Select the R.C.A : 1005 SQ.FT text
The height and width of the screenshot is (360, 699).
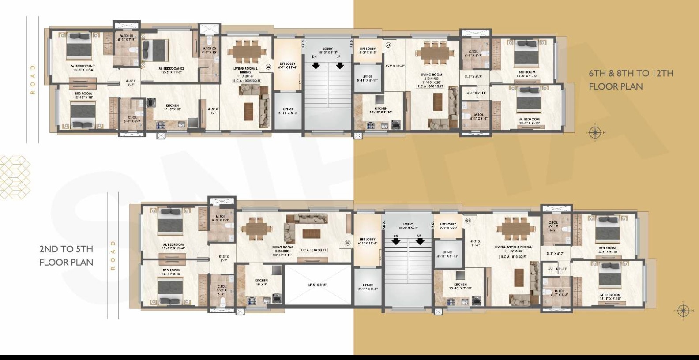(247, 81)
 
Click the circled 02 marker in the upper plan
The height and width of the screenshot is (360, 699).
(268, 67)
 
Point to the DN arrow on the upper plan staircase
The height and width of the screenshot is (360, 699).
(316, 66)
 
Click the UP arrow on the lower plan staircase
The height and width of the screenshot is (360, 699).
(420, 241)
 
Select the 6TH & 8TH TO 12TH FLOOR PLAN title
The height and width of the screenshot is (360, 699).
(631, 80)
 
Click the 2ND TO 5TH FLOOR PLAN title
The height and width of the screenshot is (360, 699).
(66, 256)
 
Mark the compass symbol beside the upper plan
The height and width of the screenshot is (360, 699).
(594, 132)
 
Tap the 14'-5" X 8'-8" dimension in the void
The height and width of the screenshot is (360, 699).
(317, 285)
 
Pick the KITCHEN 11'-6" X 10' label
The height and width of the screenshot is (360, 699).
(172, 107)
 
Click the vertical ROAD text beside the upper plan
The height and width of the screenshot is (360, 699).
(32, 79)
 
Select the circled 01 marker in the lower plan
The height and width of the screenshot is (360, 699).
(468, 220)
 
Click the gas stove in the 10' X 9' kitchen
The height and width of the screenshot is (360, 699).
(252, 300)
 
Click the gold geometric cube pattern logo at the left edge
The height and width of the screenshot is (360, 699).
(14, 177)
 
